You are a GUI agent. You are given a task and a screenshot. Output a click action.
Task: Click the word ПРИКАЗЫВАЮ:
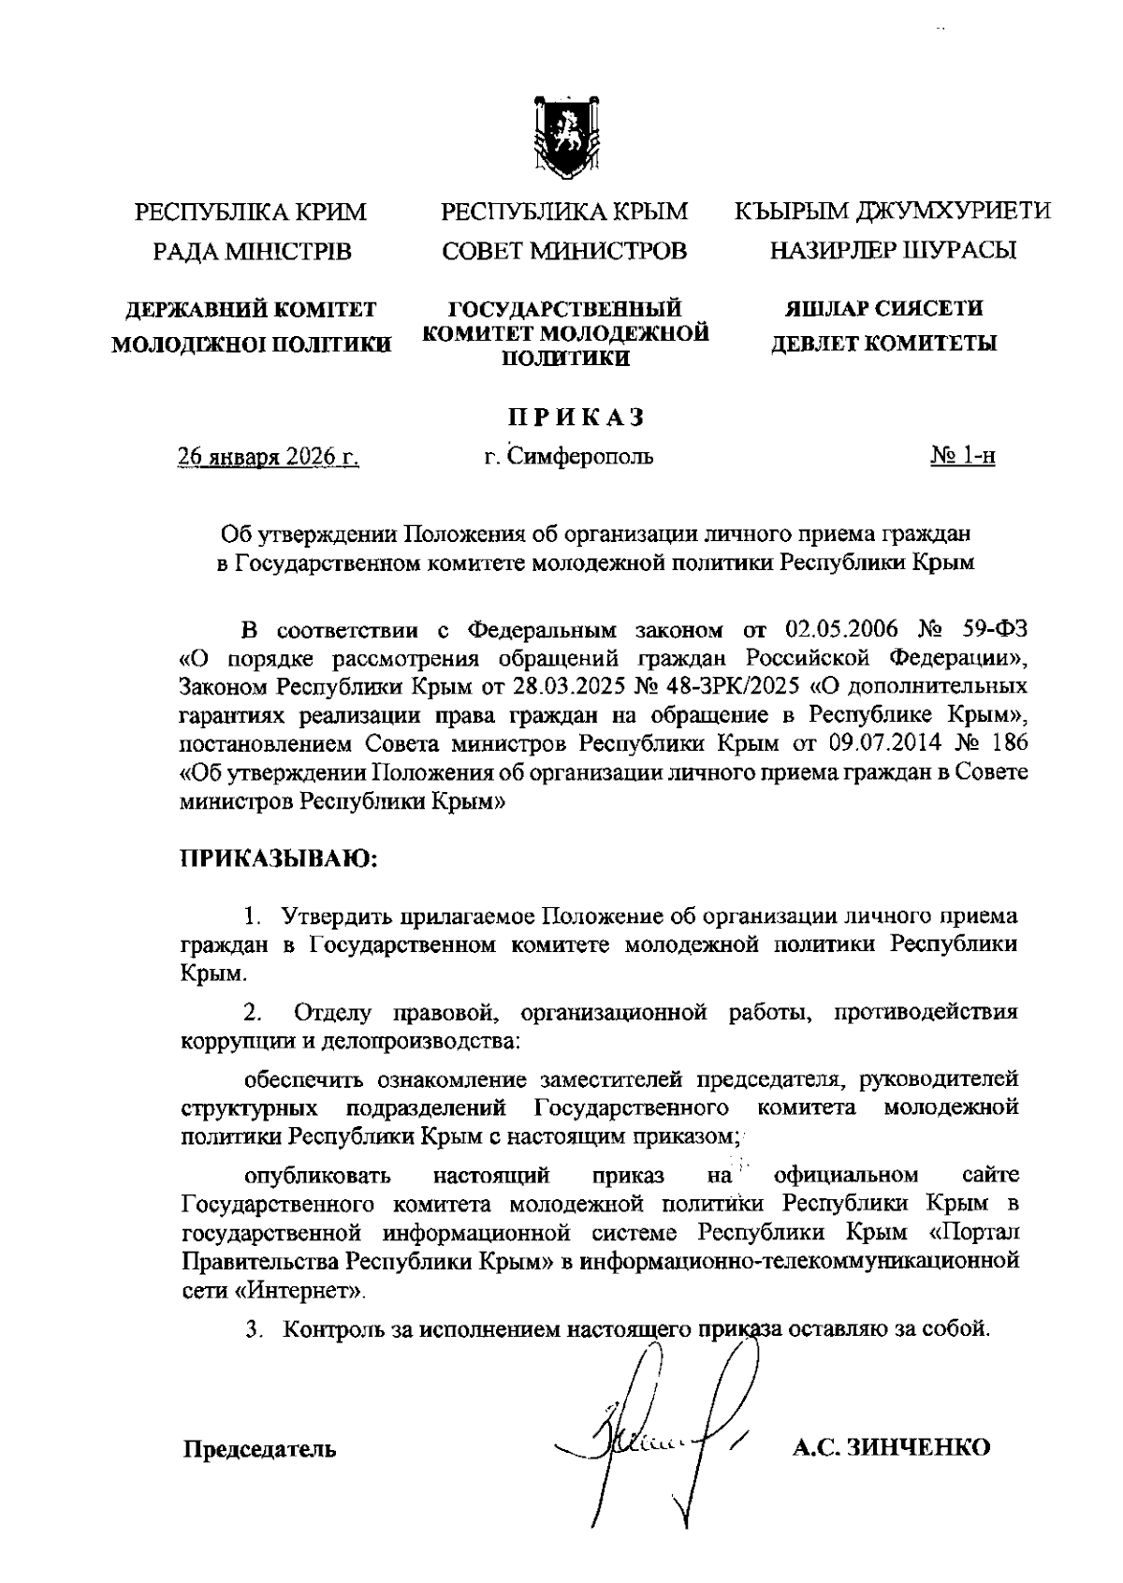click(x=277, y=857)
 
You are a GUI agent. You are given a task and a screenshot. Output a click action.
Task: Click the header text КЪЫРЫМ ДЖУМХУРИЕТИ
click(x=892, y=212)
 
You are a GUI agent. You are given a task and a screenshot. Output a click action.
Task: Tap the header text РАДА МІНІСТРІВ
click(x=252, y=252)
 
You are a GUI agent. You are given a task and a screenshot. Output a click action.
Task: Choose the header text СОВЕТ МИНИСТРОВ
click(x=563, y=252)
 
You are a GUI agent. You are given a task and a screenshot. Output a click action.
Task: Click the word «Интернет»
click(x=300, y=1291)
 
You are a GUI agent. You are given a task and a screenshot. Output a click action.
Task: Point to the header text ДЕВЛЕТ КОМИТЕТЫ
click(x=882, y=344)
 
